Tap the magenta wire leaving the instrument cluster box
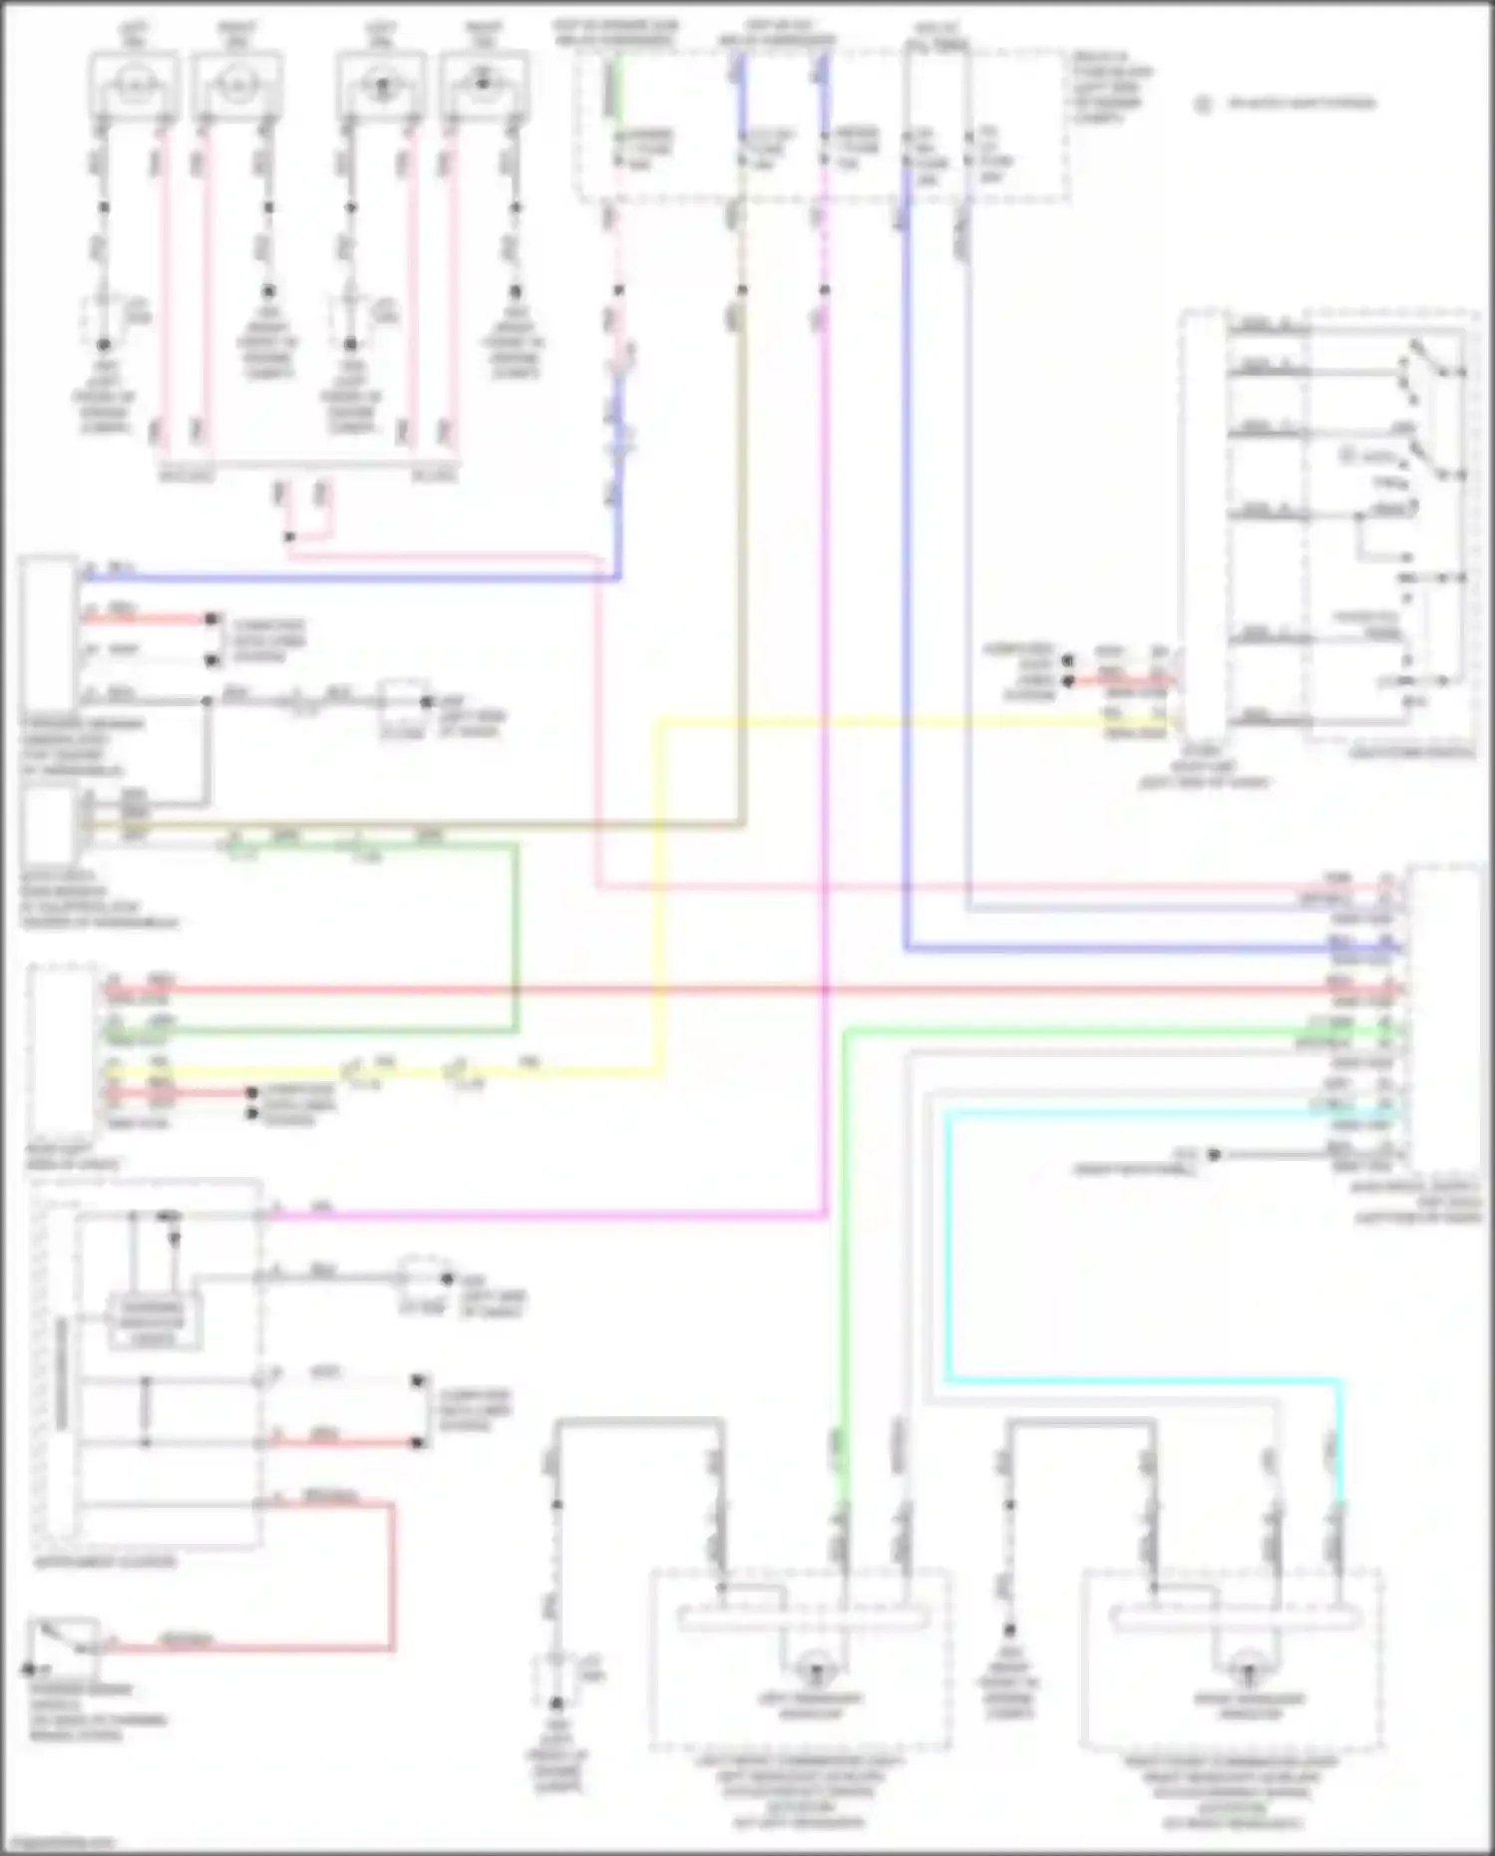(x=549, y=1216)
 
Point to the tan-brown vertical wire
(x=741, y=558)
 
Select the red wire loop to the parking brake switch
(x=392, y=1576)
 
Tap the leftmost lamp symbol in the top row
(x=134, y=86)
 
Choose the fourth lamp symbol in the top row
(x=484, y=86)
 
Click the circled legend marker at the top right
(x=1204, y=104)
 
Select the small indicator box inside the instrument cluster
(x=154, y=1322)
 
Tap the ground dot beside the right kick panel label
(x=1214, y=1155)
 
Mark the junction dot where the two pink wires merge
(x=289, y=538)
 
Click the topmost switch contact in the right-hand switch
(x=1414, y=349)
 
